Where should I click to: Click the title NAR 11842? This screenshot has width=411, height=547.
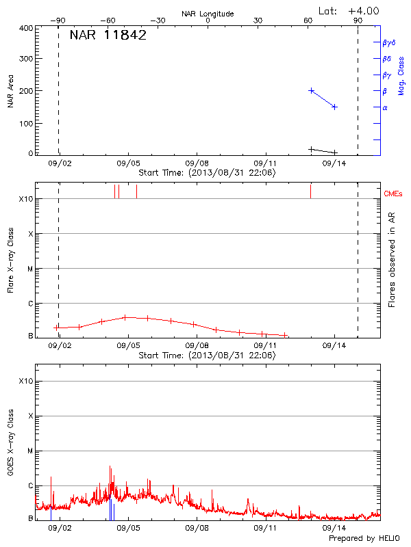click(x=108, y=36)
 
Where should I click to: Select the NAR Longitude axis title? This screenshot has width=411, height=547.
click(x=208, y=14)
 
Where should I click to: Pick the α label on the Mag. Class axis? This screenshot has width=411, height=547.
click(x=385, y=107)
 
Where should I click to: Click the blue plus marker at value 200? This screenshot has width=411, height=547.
click(x=312, y=90)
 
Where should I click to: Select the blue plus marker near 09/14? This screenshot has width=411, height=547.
click(x=334, y=107)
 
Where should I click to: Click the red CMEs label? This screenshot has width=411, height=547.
click(x=394, y=194)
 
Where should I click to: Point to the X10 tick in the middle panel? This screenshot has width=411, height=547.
click(x=26, y=199)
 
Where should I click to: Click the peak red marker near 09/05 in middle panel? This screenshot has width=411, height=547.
click(x=125, y=317)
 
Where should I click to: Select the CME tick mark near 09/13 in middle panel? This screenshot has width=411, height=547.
click(x=310, y=191)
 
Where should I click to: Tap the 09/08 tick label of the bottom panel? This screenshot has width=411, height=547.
click(x=197, y=528)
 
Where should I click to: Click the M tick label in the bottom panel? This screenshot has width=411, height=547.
click(x=30, y=451)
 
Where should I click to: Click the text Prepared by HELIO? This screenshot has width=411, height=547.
click(x=364, y=539)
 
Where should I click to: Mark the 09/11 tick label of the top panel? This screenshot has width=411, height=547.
click(x=265, y=164)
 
